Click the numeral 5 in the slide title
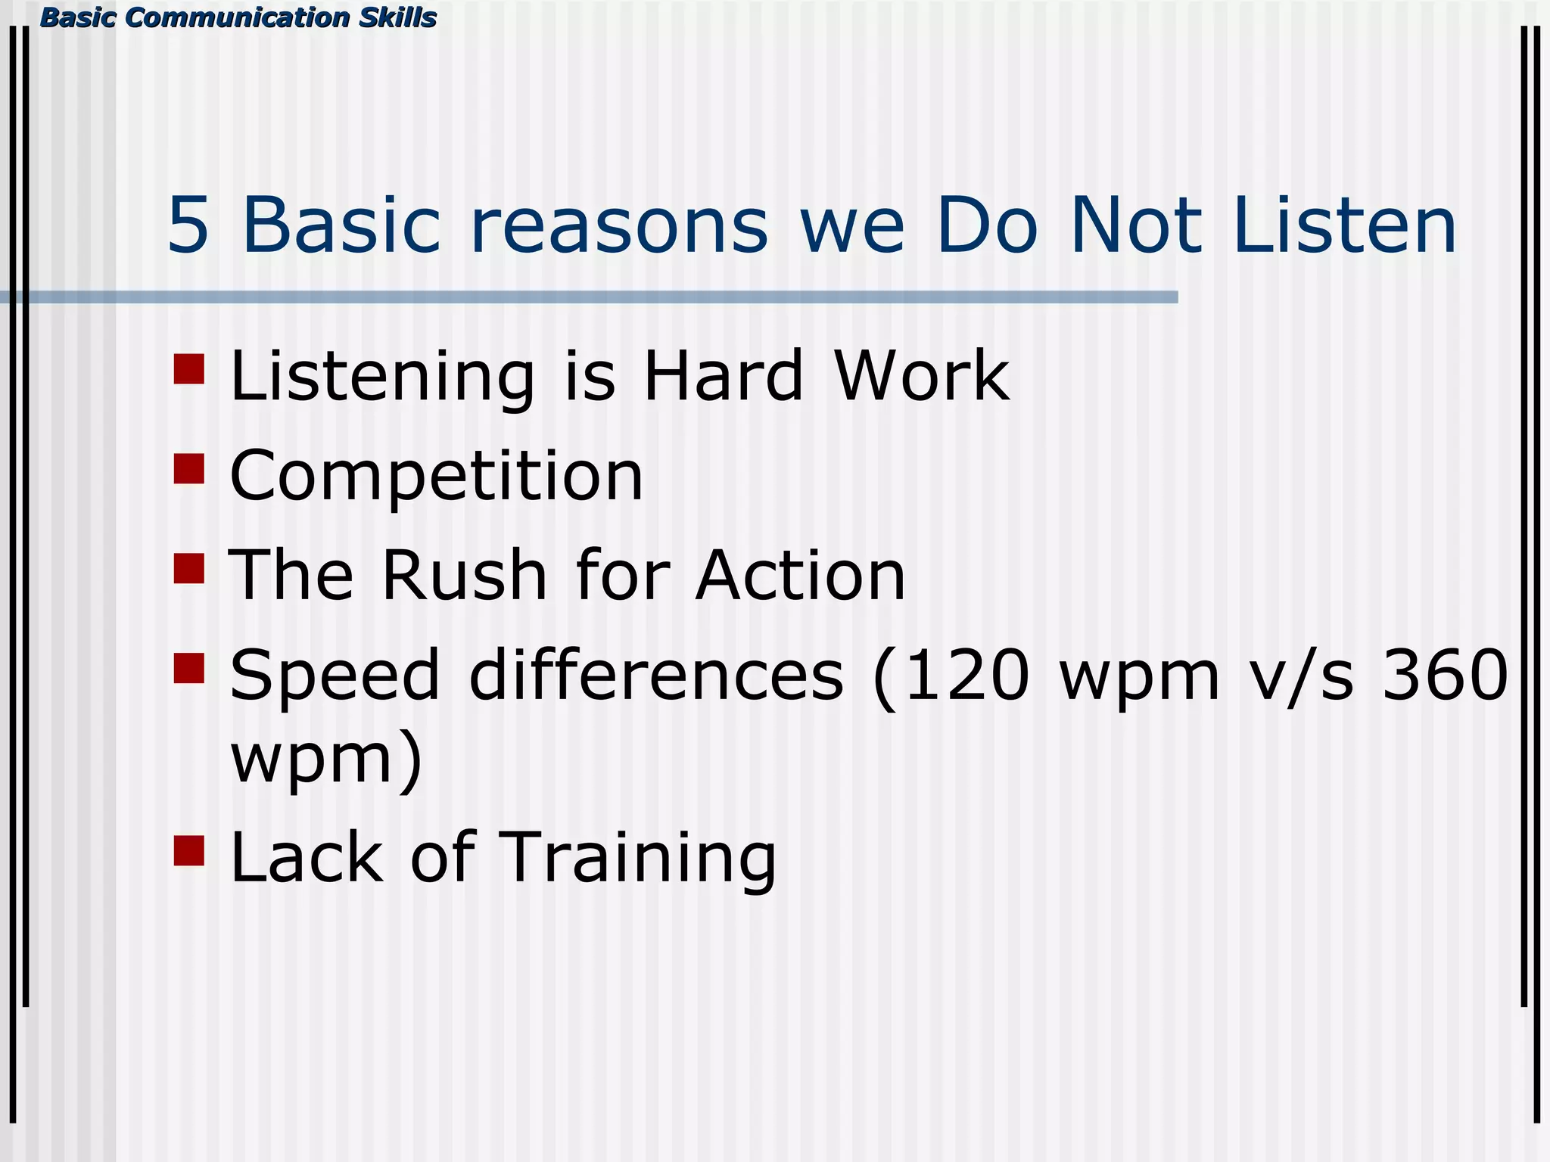coord(188,225)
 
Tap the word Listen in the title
coord(1343,225)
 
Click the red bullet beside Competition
coord(188,468)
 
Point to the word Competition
coord(436,477)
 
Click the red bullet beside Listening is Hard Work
coord(188,369)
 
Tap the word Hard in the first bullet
coord(722,376)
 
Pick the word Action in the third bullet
coord(800,576)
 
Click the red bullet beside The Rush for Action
coord(188,568)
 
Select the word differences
coord(655,675)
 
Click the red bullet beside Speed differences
coord(188,668)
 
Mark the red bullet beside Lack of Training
coord(188,850)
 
